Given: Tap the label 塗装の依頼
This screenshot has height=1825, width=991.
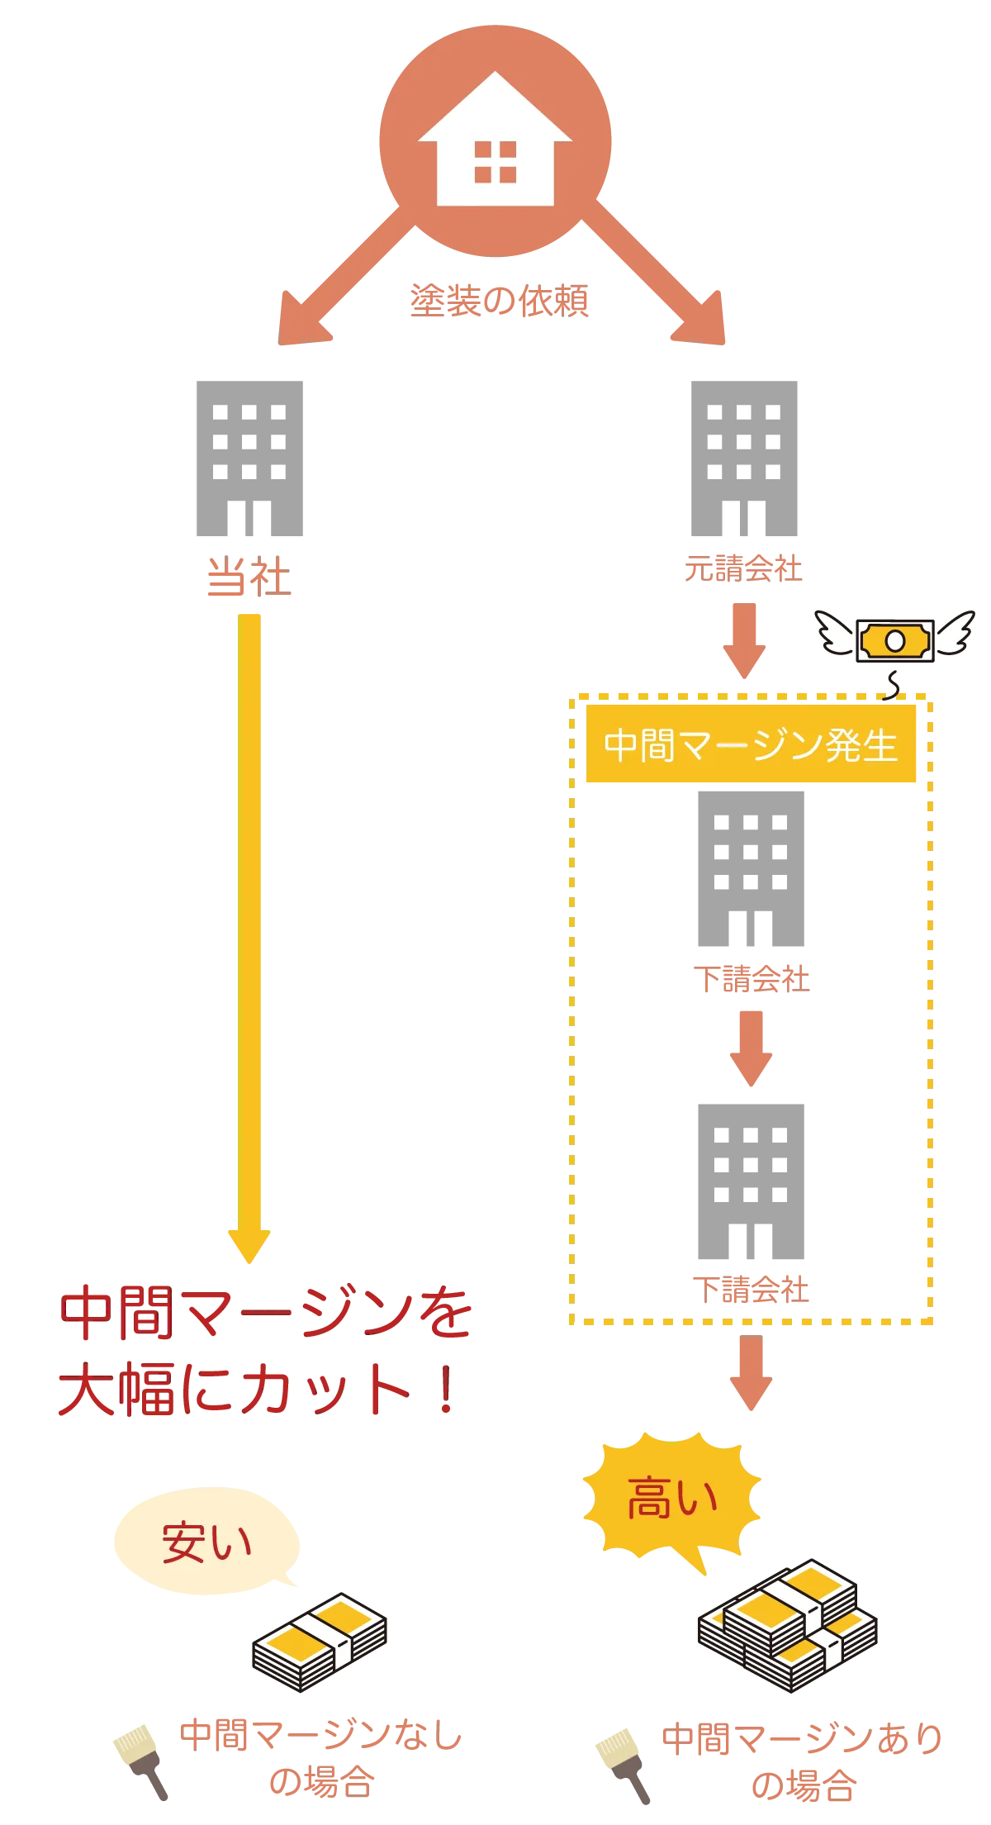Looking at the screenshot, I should pos(500,300).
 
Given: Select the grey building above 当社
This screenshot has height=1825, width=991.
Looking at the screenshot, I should pos(248,459).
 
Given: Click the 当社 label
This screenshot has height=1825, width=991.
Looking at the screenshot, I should pos(249,577).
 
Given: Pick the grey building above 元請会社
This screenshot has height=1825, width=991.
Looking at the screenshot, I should pos(743,459).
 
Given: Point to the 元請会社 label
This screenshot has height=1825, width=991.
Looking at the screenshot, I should pos(743,569).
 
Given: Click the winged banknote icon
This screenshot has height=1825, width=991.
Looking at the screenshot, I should pos(895,640).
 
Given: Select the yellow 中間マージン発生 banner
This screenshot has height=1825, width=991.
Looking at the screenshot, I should pos(750,744).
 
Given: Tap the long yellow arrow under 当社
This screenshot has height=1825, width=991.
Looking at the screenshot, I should pos(249,934).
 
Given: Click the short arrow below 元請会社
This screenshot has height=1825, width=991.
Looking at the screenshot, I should pos(744,640).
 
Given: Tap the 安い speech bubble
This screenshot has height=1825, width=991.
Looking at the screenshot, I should pos(206,1541).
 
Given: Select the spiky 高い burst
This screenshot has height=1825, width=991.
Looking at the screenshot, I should pos(672,1499).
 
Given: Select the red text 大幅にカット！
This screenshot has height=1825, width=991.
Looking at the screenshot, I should pos(256,1391).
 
